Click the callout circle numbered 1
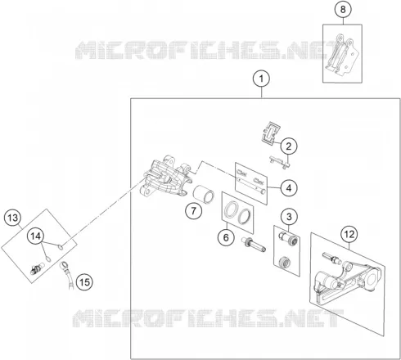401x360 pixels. [261, 79]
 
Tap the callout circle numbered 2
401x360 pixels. [289, 146]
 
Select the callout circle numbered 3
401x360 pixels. [289, 217]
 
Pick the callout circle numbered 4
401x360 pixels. [289, 188]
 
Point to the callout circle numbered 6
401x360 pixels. [226, 237]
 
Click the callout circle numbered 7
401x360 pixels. [193, 211]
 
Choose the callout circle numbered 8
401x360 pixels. [343, 9]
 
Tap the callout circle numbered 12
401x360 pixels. [349, 234]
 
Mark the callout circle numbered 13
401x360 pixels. [13, 218]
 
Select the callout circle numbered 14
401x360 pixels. [35, 236]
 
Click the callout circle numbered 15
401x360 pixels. [84, 282]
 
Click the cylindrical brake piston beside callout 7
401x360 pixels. [204, 194]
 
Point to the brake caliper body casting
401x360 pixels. [165, 176]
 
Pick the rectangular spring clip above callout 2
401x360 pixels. [271, 133]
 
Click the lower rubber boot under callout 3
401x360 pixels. [285, 262]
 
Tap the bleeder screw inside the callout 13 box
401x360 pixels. [38, 268]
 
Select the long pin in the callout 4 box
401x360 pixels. [251, 186]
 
